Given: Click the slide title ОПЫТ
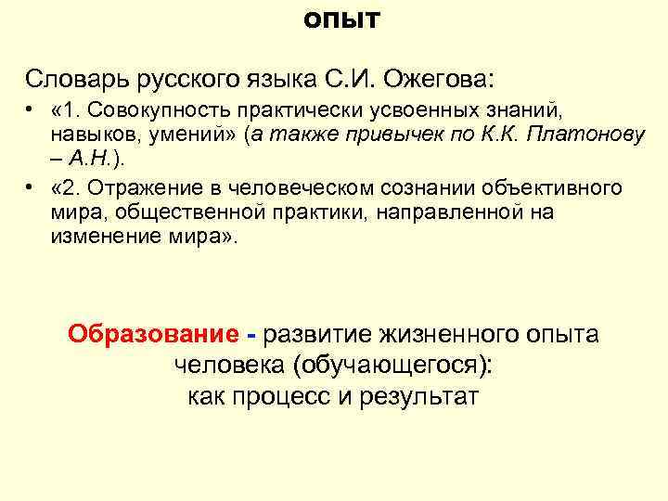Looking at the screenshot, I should (x=342, y=20).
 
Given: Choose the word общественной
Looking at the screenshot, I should (x=181, y=212).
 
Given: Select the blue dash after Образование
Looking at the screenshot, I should (x=250, y=334).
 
